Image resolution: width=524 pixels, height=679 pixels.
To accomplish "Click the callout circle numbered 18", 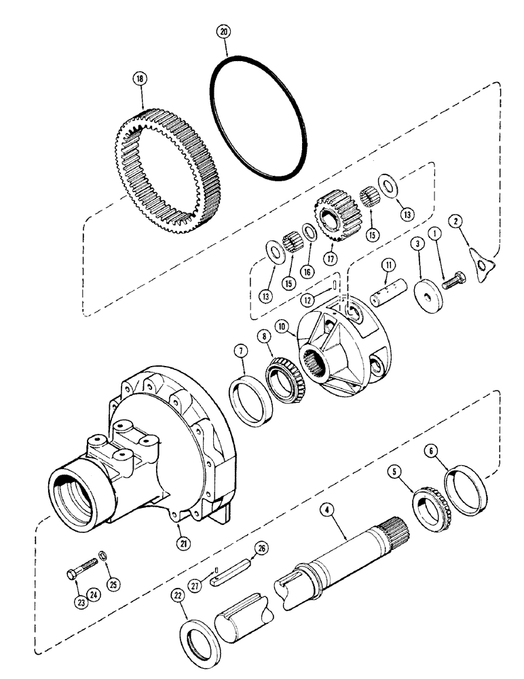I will coord(140,79).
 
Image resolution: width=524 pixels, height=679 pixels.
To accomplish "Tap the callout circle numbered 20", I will coord(224,31).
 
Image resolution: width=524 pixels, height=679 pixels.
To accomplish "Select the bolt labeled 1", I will coord(453,279).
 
